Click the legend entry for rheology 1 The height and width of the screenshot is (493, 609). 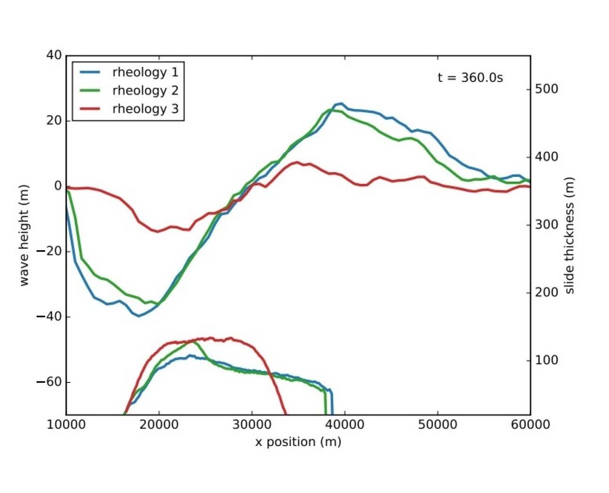click(x=145, y=72)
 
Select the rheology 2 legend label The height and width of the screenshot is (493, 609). click(x=145, y=90)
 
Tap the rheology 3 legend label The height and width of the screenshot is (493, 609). click(x=145, y=109)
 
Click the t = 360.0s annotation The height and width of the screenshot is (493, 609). click(x=470, y=78)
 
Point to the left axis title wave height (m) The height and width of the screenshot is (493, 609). click(x=24, y=235)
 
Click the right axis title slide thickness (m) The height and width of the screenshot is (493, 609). click(x=569, y=235)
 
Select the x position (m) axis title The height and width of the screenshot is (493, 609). click(x=298, y=442)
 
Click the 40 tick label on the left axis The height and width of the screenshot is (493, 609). click(x=54, y=55)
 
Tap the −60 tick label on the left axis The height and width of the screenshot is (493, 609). click(x=49, y=382)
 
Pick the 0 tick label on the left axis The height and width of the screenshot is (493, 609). click(x=58, y=186)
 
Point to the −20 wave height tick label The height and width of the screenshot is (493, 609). click(x=49, y=251)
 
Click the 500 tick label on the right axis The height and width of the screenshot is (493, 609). click(x=546, y=89)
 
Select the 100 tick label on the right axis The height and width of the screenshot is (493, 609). click(x=546, y=360)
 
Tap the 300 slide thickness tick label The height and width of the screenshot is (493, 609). click(x=546, y=224)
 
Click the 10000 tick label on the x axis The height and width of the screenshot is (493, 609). click(x=66, y=425)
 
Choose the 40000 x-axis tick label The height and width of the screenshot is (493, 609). click(x=345, y=425)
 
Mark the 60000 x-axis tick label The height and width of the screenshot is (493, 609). click(x=530, y=425)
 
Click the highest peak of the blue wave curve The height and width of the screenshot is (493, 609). click(x=341, y=103)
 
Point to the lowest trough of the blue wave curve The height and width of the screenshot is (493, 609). click(x=139, y=316)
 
